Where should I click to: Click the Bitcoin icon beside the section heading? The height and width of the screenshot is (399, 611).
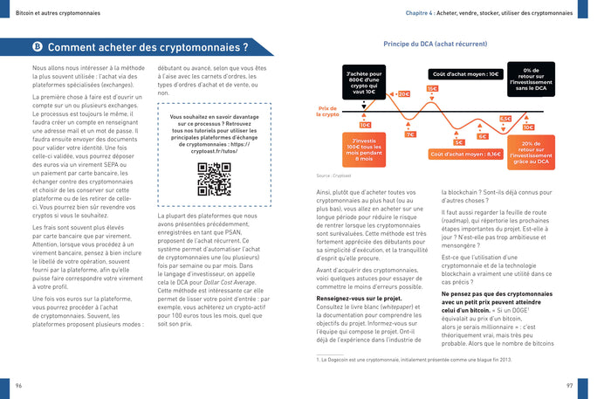point(38,47)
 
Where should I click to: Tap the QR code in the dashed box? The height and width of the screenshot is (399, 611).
point(214,179)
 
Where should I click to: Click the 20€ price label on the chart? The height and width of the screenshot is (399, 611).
point(402,93)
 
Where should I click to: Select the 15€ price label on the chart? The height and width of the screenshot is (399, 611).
point(432,88)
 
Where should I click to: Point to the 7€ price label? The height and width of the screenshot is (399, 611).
point(409,134)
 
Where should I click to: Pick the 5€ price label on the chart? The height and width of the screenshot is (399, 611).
point(459,141)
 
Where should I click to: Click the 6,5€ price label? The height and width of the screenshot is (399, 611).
point(505,119)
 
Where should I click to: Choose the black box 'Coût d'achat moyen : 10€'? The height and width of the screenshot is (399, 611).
point(466,74)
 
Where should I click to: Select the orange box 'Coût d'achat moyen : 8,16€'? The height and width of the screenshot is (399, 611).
point(466,154)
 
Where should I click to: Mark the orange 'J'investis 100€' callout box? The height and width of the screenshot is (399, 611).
point(365,150)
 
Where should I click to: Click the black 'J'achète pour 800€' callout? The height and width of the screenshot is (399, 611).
point(364,83)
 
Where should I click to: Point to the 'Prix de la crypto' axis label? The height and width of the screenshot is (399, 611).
point(328,112)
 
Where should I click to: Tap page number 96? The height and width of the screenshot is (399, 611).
point(19,384)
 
